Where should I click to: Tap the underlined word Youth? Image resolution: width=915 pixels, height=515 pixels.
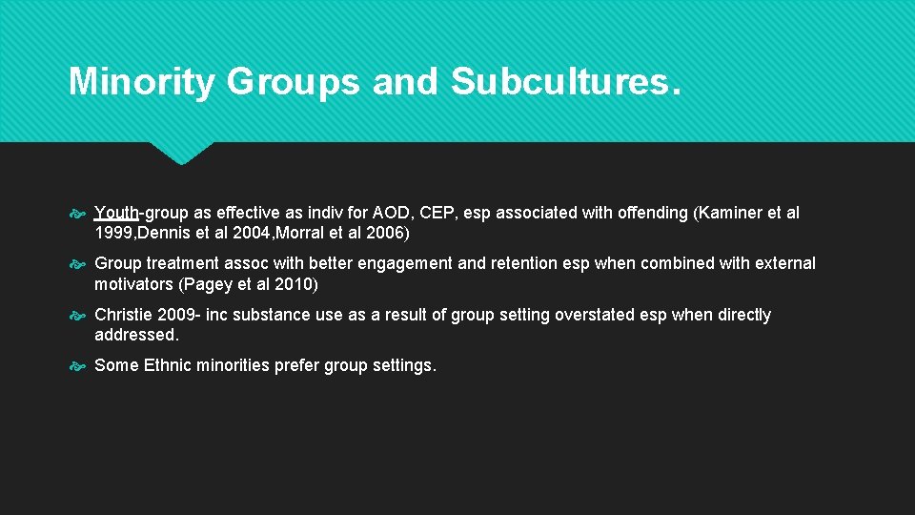(116, 214)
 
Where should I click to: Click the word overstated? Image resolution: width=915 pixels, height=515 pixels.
(590, 315)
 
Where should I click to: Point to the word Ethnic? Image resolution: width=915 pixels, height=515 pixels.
(167, 365)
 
